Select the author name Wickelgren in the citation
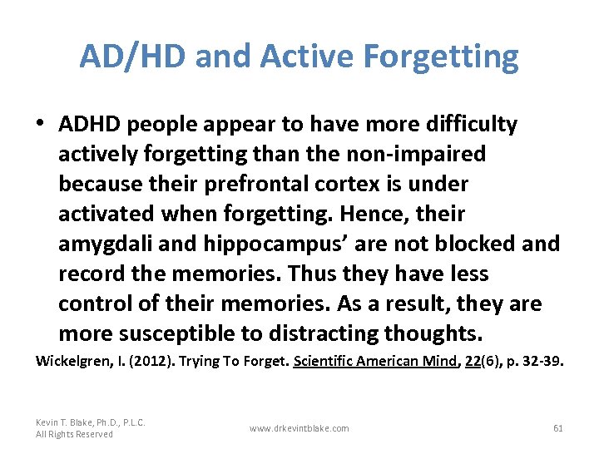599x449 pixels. [x=71, y=362]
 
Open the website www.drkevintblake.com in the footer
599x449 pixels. [x=299, y=428]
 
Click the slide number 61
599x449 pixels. [x=557, y=428]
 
